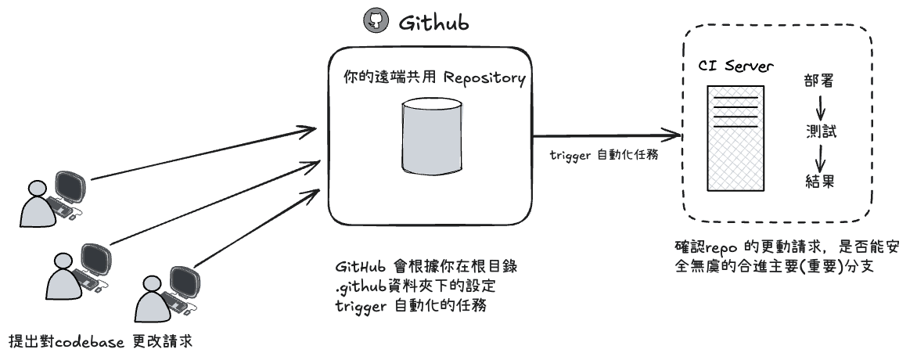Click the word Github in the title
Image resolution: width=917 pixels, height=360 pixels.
(434, 23)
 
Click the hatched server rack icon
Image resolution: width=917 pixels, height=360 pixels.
(735, 138)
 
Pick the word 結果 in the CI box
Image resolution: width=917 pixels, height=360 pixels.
(820, 182)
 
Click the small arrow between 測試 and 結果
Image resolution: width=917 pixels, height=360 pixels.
(821, 157)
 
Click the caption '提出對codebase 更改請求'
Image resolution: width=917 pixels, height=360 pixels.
(99, 342)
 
